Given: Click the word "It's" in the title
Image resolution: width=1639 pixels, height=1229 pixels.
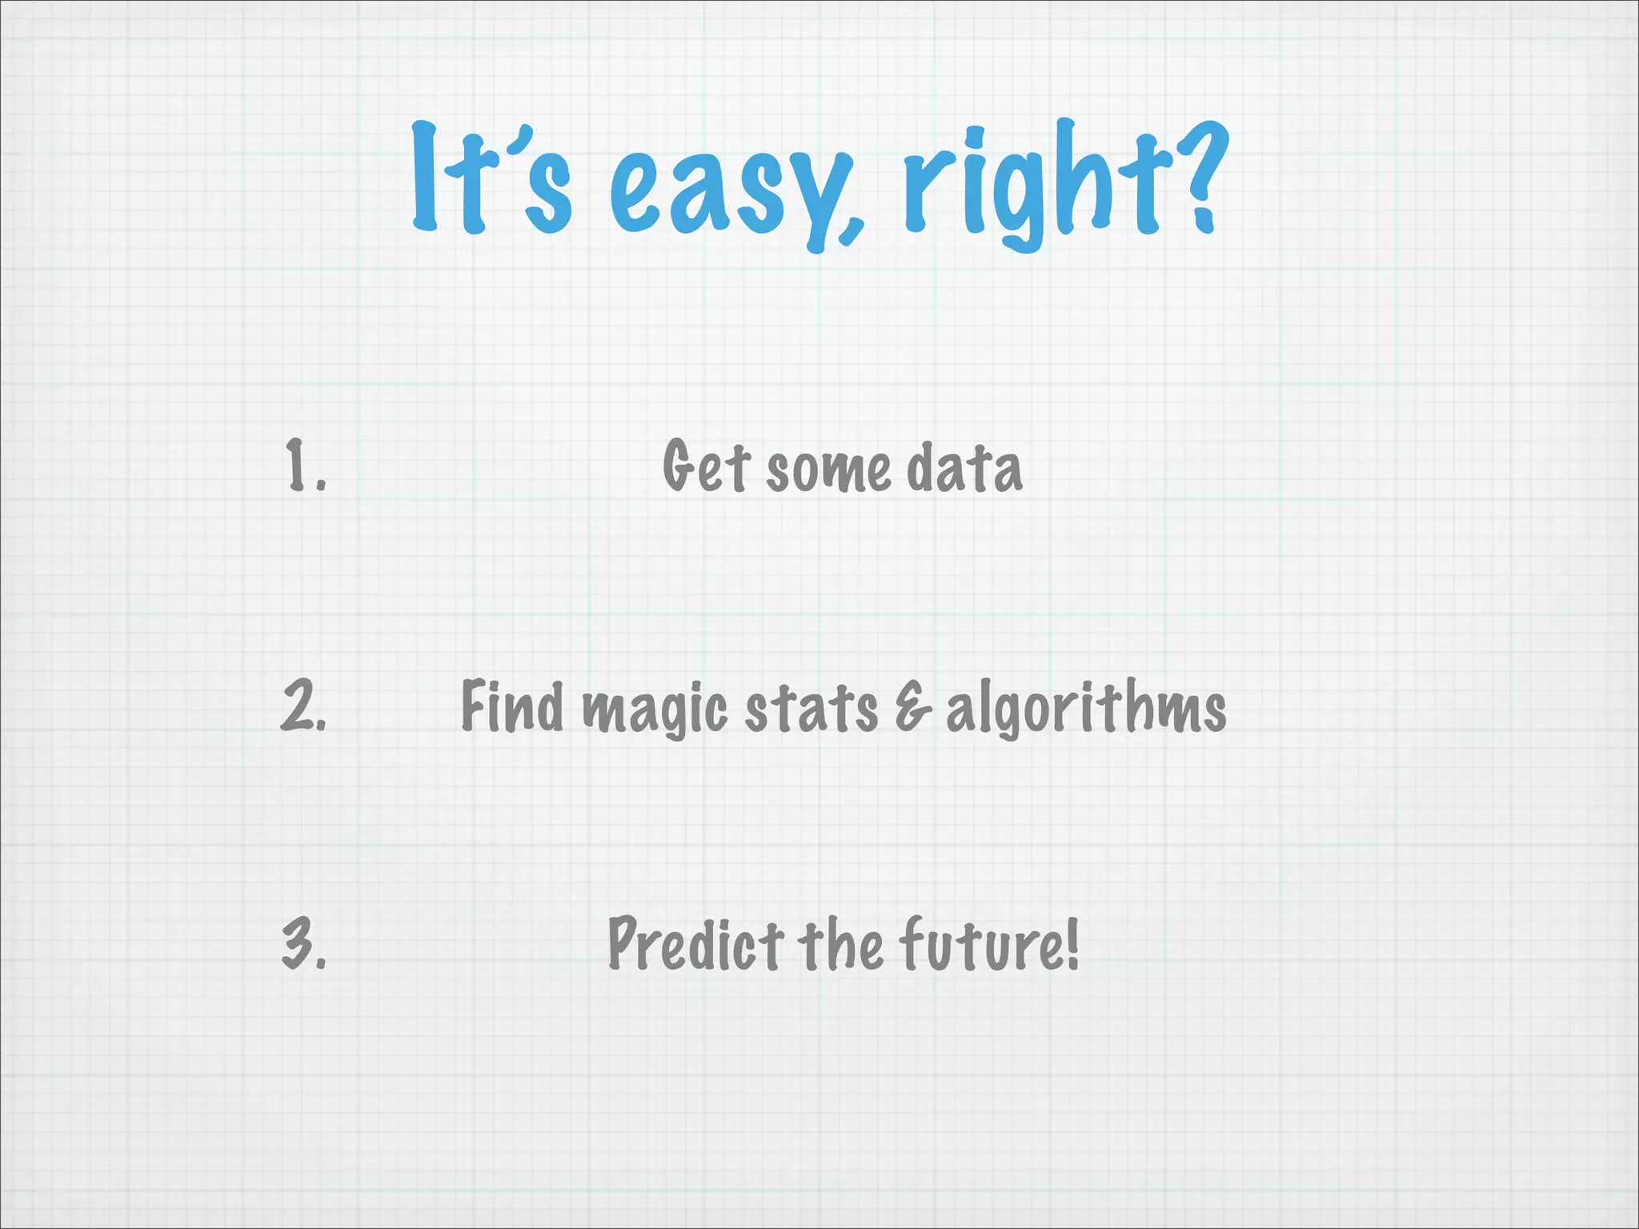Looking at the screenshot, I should (x=491, y=180).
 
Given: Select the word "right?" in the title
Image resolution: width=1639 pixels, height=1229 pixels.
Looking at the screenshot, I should (x=1064, y=184).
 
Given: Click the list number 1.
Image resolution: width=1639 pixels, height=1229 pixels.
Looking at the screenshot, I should (x=305, y=465).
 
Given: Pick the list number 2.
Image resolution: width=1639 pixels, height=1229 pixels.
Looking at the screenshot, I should (x=304, y=706).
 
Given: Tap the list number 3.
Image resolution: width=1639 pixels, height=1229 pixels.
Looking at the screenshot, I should (x=304, y=944).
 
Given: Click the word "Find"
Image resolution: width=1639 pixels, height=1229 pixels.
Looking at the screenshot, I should (x=512, y=706).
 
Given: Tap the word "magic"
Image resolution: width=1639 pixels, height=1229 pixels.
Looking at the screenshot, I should (x=655, y=711).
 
